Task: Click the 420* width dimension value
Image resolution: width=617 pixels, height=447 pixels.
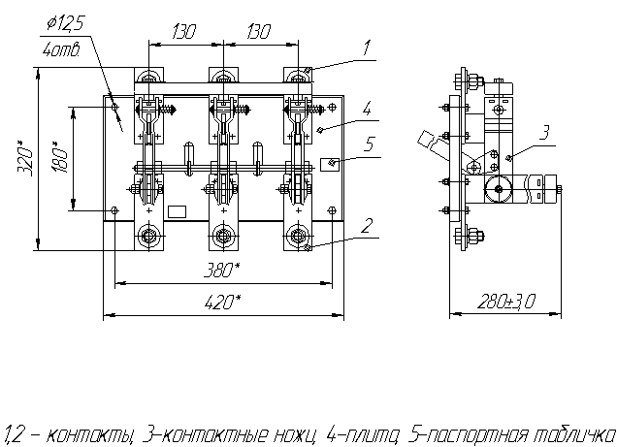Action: tap(223, 303)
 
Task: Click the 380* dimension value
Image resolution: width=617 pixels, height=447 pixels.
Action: tap(222, 271)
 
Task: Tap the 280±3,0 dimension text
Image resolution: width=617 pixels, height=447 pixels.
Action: tap(504, 303)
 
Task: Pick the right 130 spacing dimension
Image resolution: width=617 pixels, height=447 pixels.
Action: tap(260, 32)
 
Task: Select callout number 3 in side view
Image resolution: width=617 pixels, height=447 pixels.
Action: tap(544, 130)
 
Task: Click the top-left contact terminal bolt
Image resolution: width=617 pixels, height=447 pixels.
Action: tap(148, 79)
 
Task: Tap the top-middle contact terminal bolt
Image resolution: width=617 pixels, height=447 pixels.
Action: tap(223, 79)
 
